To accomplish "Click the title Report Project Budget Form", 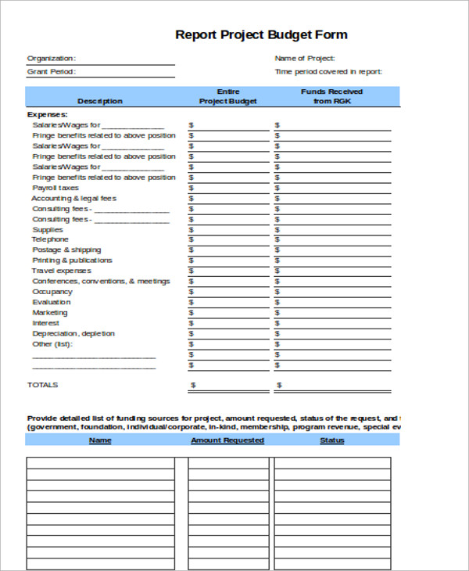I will pyautogui.click(x=261, y=34).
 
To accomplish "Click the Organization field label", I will pyautogui.click(x=52, y=58).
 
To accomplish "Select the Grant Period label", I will pyautogui.click(x=52, y=72).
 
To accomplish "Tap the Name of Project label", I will pyautogui.click(x=305, y=58).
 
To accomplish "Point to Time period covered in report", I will pyautogui.click(x=328, y=72).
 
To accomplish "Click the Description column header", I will pyautogui.click(x=100, y=101).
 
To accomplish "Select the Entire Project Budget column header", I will pyautogui.click(x=227, y=96).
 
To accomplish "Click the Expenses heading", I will pyautogui.click(x=48, y=114).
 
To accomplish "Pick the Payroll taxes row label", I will pyautogui.click(x=55, y=188).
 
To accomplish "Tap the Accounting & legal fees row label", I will pyautogui.click(x=73, y=199).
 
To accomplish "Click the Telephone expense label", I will pyautogui.click(x=50, y=239).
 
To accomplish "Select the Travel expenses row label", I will pyautogui.click(x=62, y=271).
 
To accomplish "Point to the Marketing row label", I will pyautogui.click(x=49, y=312).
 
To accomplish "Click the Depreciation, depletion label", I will pyautogui.click(x=73, y=333).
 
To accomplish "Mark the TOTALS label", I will pyautogui.click(x=43, y=385).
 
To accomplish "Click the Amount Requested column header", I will pyautogui.click(x=227, y=440).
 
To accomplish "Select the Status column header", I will pyautogui.click(x=332, y=440).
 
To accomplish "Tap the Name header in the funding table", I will pyautogui.click(x=100, y=440).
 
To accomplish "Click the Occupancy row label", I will pyautogui.click(x=52, y=292).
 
